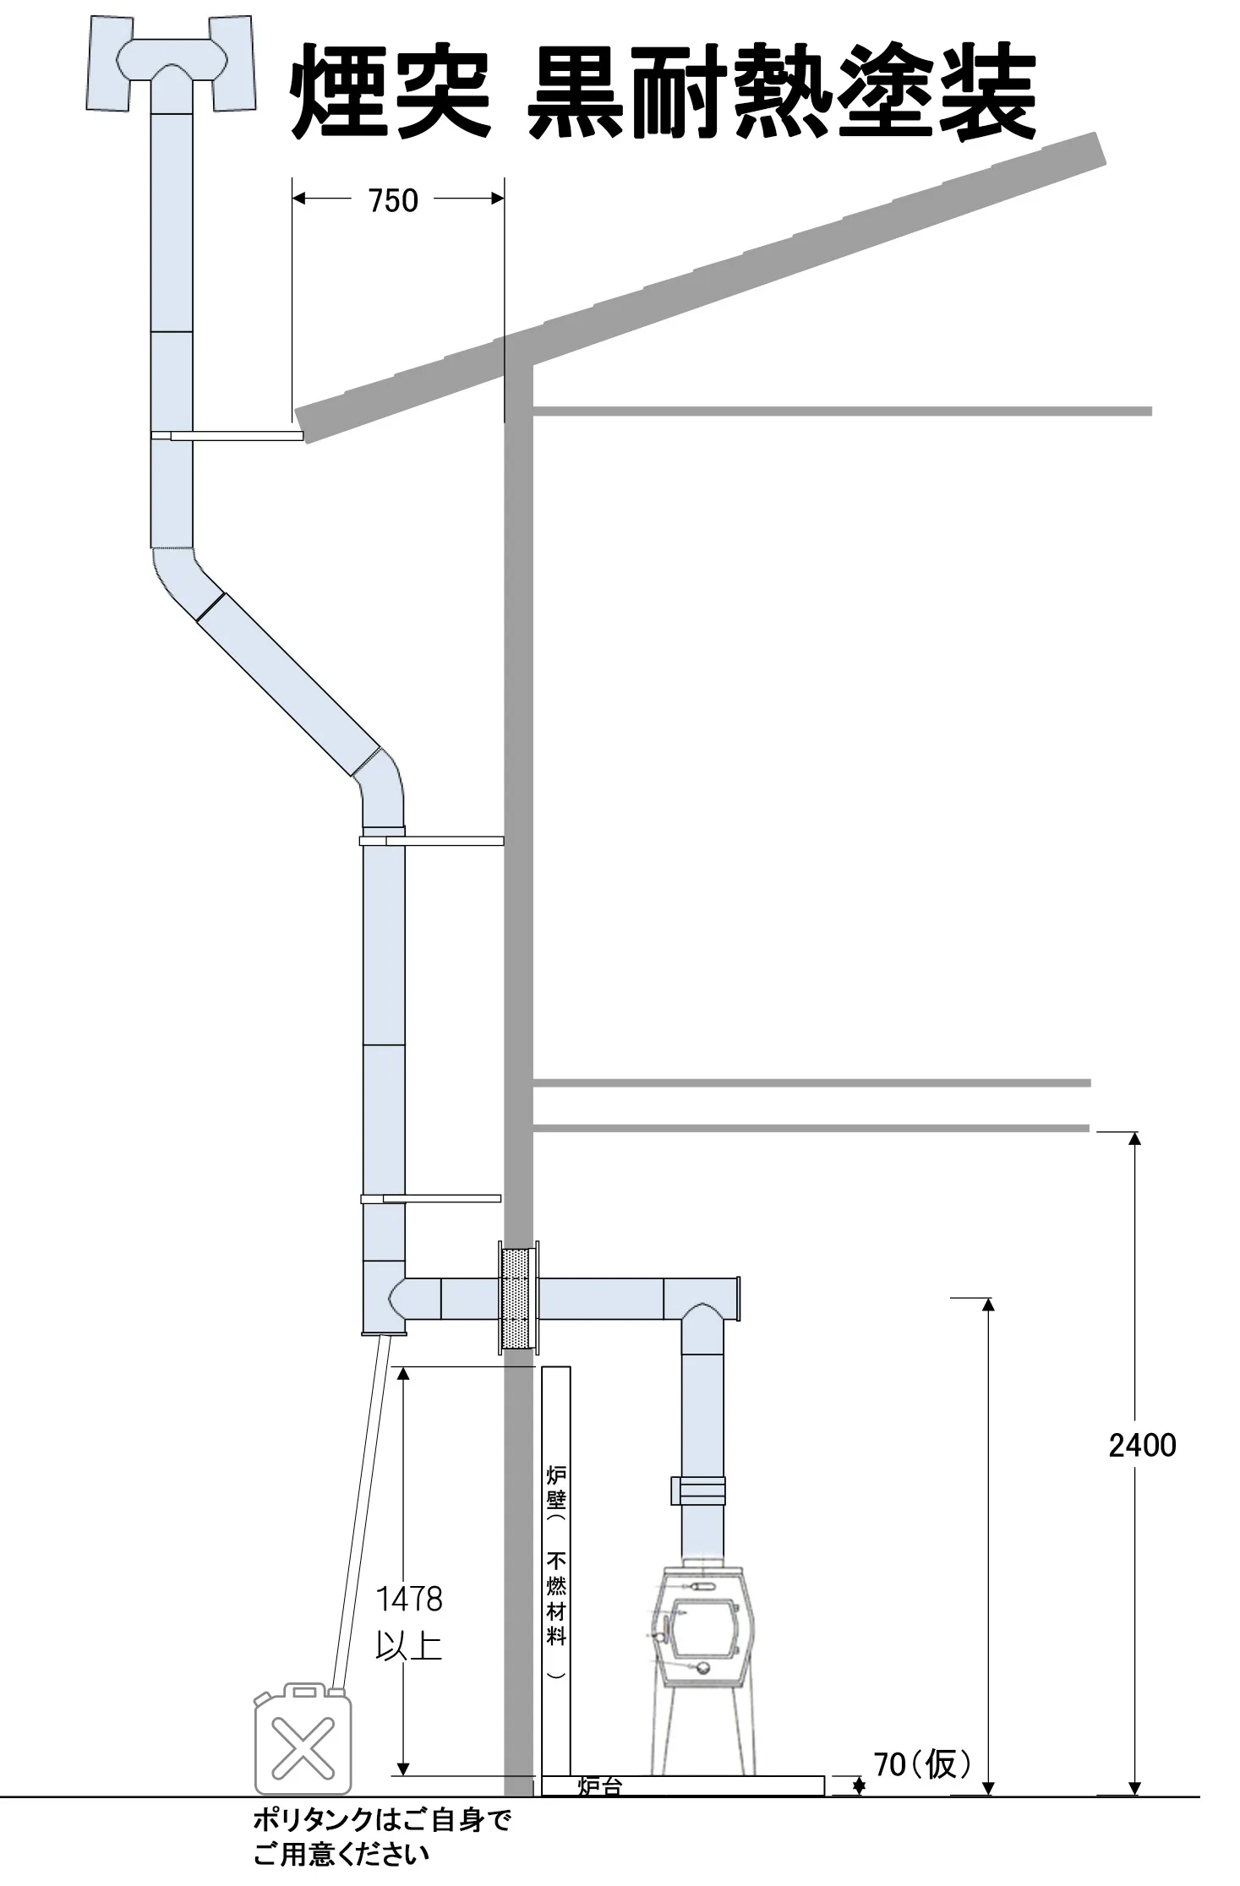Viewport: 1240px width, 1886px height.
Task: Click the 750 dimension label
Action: pyautogui.click(x=393, y=200)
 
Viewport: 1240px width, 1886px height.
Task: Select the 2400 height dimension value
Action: pyautogui.click(x=1142, y=1445)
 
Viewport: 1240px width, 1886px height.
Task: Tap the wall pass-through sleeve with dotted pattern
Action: pyautogui.click(x=517, y=1299)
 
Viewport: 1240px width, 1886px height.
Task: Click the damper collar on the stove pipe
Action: pyautogui.click(x=698, y=1490)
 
